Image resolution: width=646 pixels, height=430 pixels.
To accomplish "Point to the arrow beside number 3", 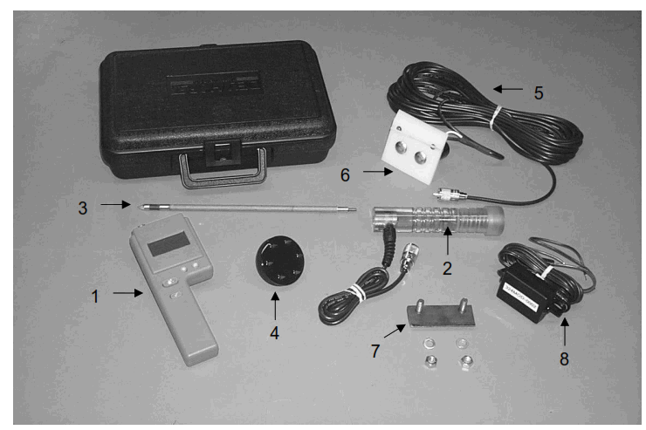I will [x=111, y=204].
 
